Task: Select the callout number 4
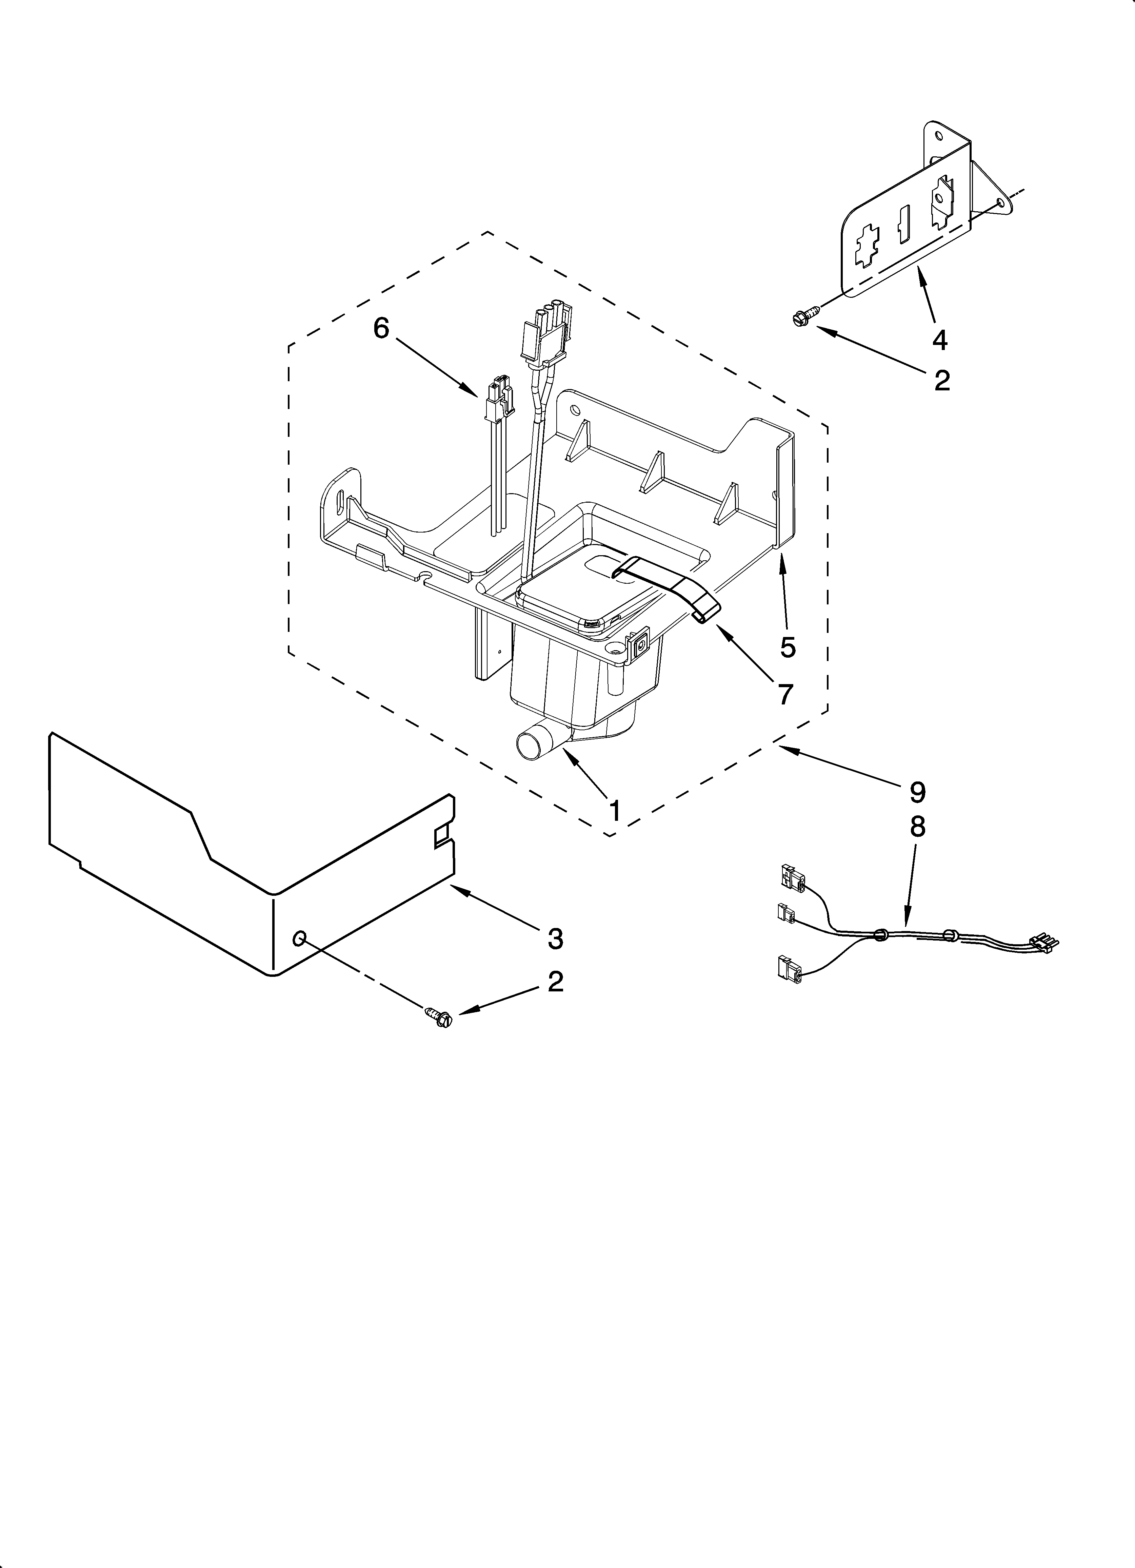coord(939,340)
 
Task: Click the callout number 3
coord(555,938)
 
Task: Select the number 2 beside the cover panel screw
coord(555,982)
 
